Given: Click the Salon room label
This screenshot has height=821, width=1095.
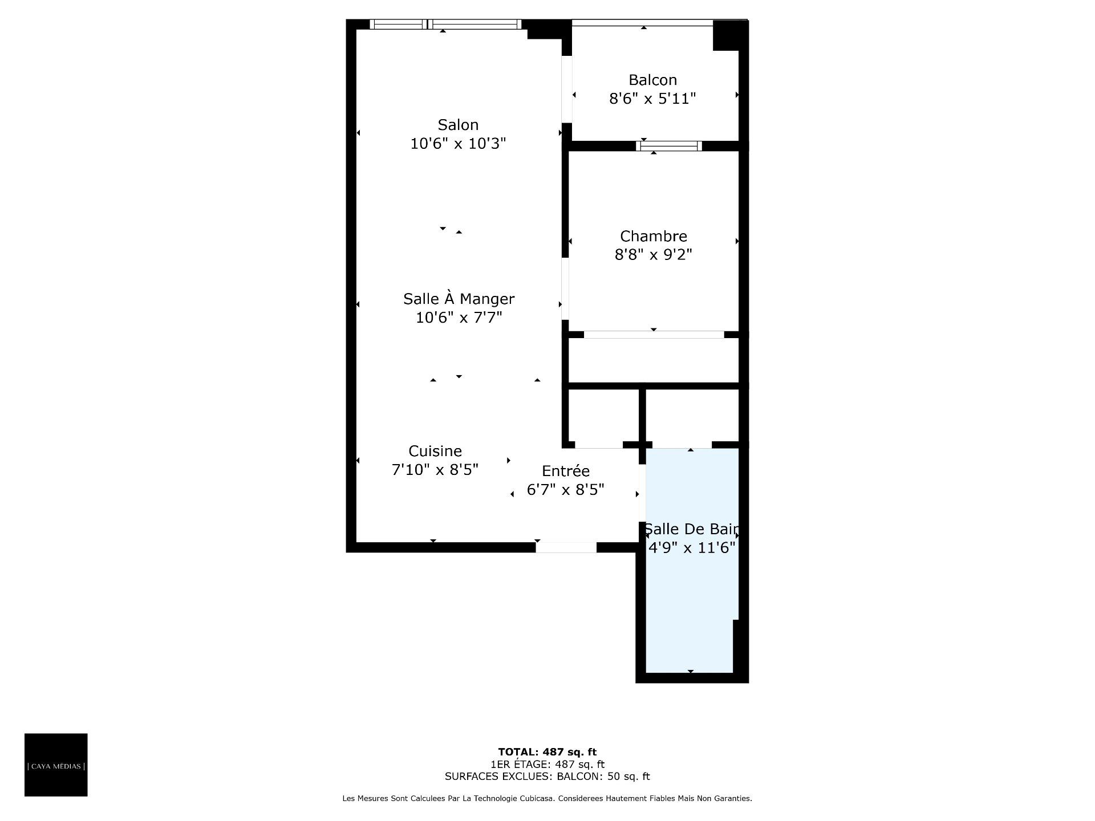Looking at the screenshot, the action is point(458,125).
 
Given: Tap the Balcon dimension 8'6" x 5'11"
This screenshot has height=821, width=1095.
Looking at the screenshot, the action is point(652,99).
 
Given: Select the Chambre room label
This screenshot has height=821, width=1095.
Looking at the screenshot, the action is point(654,236).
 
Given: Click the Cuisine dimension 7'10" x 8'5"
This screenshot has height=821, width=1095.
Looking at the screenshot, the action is point(435,470).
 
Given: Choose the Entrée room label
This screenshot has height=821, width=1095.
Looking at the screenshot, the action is point(565,470).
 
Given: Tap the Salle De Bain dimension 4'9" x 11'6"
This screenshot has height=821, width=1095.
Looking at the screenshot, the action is point(692,548).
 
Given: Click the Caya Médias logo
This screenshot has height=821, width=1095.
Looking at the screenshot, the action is point(56,765).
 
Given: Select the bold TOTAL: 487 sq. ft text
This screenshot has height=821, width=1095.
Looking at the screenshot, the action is point(547,752).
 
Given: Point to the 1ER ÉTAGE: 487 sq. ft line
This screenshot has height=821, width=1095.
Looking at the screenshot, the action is point(547,764).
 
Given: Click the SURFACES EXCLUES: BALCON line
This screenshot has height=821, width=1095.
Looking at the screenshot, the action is point(547,777).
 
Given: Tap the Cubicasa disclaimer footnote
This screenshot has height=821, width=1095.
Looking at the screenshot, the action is point(547,799).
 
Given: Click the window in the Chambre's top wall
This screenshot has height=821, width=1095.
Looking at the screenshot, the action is point(669,146).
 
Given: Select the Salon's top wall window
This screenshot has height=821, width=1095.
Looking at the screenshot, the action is point(445,24).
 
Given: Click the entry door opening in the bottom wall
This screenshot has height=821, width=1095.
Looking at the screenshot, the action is point(566,547).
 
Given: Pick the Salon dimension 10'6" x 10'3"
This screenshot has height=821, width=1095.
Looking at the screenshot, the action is point(458,144).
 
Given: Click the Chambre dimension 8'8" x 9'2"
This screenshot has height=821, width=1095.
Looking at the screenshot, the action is point(654,254).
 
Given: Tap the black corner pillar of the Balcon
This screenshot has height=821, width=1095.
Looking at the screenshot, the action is point(730,35).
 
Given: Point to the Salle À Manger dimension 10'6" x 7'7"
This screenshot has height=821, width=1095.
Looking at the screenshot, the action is point(459,317).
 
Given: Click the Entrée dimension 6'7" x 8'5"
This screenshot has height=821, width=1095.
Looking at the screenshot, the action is point(565,490).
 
